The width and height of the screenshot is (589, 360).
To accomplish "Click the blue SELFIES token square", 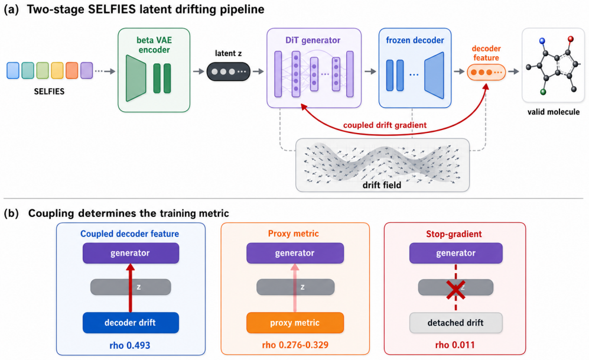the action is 13,71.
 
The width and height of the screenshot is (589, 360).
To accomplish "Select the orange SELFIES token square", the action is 71,71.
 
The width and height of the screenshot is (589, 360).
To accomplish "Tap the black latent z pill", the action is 229,72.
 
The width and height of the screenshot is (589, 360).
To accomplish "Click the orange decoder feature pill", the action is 486,72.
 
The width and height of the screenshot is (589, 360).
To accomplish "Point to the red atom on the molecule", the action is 570,38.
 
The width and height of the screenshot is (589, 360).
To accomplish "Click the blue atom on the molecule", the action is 542,41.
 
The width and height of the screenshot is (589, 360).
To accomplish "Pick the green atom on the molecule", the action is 543,92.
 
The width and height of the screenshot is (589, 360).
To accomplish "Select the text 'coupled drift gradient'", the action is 385,125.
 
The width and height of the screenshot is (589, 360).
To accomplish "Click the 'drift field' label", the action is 382,185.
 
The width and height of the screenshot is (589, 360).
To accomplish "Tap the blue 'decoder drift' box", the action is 131,323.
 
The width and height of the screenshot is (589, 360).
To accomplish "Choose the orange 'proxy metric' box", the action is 295,323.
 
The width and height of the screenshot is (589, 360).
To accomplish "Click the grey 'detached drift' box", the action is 455,323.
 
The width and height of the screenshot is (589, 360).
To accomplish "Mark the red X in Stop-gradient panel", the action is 455,290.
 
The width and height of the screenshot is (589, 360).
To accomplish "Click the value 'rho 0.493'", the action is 130,345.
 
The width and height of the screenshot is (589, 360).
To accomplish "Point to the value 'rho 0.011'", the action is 455,345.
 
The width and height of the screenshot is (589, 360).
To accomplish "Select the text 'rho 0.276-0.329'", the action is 295,345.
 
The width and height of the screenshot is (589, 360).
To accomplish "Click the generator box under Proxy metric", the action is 295,253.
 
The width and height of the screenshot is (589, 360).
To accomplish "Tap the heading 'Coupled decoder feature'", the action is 129,233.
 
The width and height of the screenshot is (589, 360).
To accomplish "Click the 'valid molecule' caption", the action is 554,112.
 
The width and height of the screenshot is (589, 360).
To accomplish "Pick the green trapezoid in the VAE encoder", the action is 136,78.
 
